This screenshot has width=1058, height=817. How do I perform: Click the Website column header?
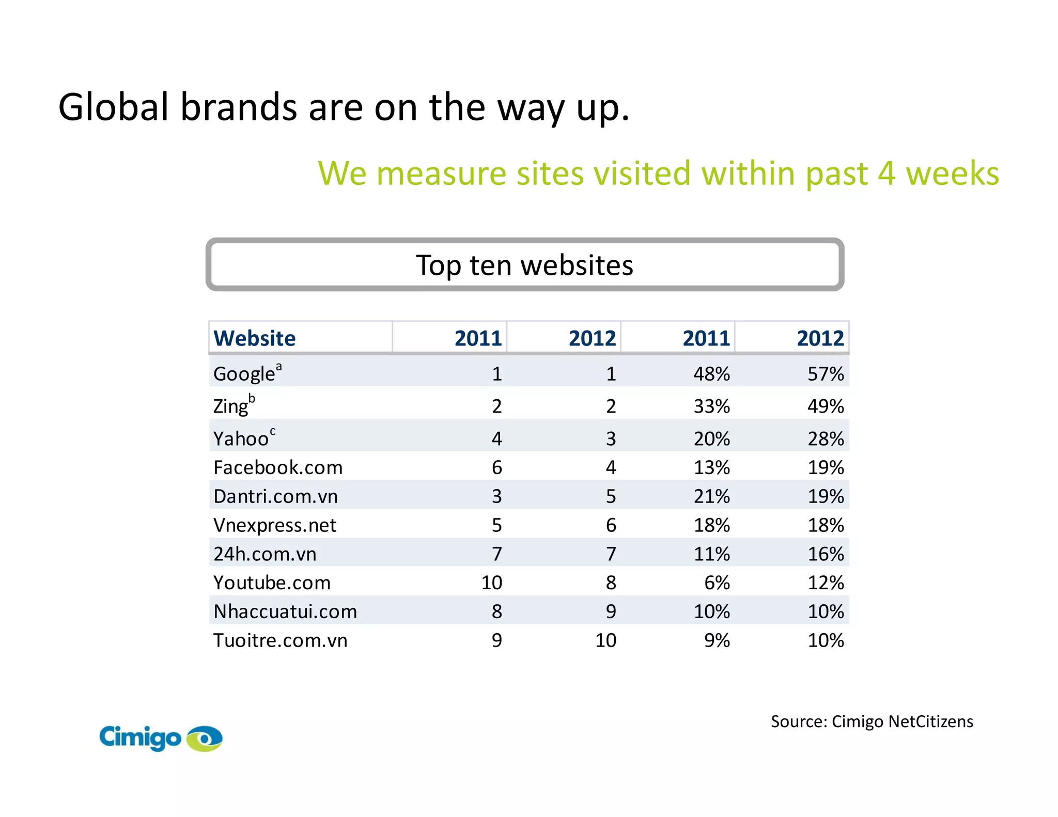click(x=254, y=338)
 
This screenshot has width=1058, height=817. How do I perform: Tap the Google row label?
click(x=244, y=374)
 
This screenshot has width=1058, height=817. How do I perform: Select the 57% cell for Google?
click(x=825, y=374)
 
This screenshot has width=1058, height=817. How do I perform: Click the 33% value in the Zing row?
click(x=711, y=406)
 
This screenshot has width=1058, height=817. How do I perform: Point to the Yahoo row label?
click(x=241, y=438)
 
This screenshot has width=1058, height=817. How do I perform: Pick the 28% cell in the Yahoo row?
click(x=825, y=438)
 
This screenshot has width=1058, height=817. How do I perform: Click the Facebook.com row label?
click(x=278, y=467)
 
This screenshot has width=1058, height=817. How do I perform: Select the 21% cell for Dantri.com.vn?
click(x=711, y=496)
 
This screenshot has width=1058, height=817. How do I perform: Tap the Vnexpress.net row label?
click(x=274, y=525)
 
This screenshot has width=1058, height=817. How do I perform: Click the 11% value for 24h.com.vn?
click(x=711, y=554)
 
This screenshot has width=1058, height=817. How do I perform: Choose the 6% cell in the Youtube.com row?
click(x=717, y=583)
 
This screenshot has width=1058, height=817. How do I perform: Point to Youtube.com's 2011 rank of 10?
click(x=491, y=583)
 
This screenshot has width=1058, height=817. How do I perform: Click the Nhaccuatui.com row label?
click(x=285, y=612)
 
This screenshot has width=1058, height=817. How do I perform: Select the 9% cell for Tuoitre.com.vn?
click(x=717, y=640)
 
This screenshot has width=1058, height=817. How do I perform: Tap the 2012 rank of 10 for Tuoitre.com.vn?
click(x=605, y=640)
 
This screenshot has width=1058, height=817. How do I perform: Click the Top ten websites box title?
click(x=524, y=265)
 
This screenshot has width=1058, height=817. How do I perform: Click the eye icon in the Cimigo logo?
click(x=205, y=739)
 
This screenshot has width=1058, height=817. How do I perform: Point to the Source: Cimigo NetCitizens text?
click(x=872, y=721)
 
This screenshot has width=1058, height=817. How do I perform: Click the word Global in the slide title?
click(x=113, y=107)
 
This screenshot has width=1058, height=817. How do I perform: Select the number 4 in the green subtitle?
click(x=885, y=174)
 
